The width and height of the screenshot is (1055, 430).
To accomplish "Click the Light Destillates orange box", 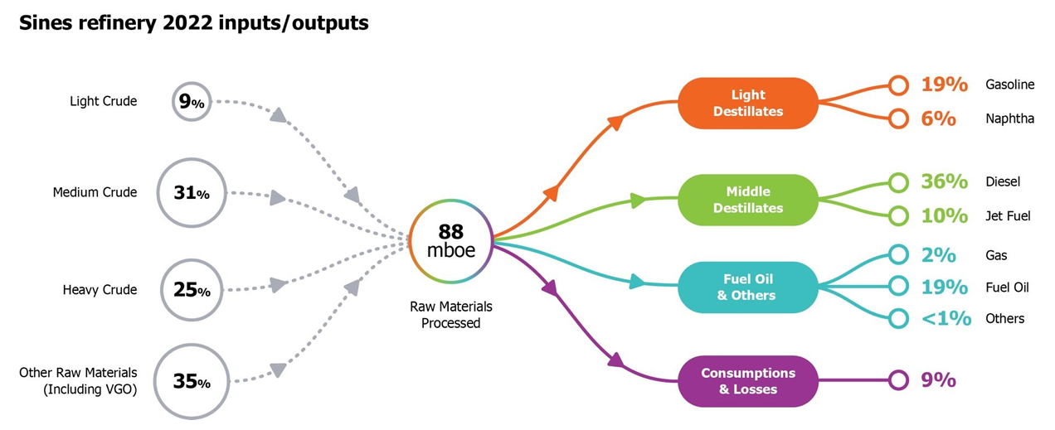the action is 748,103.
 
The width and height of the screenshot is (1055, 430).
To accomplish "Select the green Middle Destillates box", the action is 748,200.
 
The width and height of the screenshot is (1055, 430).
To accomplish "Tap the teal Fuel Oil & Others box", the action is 748,287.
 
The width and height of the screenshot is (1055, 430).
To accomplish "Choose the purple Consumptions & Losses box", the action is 748,381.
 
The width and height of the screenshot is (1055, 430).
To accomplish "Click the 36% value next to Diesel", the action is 945,181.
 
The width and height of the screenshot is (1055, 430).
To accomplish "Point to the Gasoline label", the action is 1009,85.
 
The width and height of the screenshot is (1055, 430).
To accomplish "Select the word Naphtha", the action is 1009,118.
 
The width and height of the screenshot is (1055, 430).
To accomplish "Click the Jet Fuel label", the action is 1008,216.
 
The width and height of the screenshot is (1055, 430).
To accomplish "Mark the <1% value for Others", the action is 946,318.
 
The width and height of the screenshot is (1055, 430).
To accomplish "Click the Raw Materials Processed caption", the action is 450,315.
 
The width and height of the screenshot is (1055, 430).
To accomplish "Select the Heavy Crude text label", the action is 100,290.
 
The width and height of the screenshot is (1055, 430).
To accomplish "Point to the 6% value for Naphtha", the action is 939,118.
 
